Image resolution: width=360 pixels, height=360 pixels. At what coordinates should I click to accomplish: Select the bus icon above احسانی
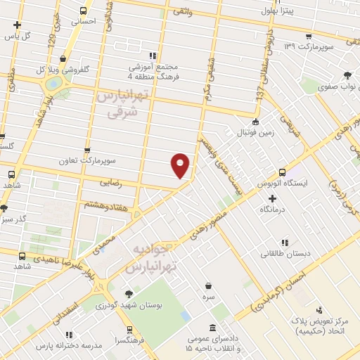84,11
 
